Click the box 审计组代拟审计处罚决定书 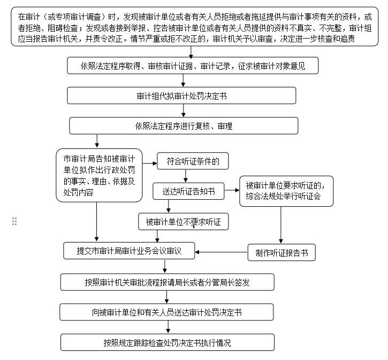(181, 96)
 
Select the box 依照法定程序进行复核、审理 (184, 126)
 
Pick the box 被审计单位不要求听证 (183, 221)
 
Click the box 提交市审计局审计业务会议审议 (130, 251)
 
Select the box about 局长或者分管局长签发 (167, 282)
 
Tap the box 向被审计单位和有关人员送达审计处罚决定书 (167, 312)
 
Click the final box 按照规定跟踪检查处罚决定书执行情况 (167, 342)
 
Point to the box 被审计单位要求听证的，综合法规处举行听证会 (286, 191)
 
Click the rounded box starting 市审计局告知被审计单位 (99, 176)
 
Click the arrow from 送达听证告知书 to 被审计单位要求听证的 (231, 191)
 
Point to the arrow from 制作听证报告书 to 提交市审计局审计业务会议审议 (222, 252)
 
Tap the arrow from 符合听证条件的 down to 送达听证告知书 (186, 176)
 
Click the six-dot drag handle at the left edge (14, 221)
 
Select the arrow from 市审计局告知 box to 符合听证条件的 (149, 161)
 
